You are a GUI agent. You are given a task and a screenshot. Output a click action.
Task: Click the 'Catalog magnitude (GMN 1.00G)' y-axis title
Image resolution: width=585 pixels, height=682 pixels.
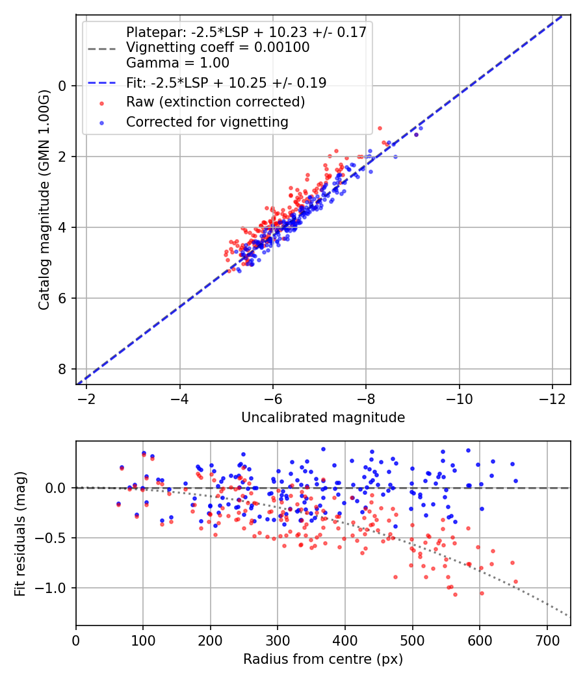(x=44, y=199)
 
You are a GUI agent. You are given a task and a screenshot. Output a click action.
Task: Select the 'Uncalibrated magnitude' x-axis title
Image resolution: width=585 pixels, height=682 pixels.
(x=323, y=418)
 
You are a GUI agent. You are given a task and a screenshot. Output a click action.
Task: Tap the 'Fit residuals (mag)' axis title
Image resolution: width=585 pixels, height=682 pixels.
(x=20, y=533)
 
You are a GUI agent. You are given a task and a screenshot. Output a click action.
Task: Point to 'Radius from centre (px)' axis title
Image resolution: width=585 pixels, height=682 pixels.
(x=323, y=659)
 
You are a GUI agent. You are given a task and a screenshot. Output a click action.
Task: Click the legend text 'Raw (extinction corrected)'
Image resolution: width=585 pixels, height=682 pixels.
(x=215, y=102)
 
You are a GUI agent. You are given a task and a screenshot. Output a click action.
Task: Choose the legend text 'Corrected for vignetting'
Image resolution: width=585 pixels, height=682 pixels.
(x=207, y=121)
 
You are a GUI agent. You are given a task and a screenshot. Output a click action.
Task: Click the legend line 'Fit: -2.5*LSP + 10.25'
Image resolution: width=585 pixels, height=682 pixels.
(x=101, y=83)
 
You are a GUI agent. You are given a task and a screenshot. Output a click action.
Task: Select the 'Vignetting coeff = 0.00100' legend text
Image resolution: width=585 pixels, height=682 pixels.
(x=218, y=47)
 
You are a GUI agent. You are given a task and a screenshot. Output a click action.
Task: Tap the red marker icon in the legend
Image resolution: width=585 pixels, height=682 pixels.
(x=101, y=103)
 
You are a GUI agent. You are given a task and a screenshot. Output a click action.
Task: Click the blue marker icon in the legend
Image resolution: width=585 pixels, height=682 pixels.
(x=101, y=122)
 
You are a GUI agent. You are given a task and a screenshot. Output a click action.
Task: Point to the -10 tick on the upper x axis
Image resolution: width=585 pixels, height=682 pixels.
(x=460, y=398)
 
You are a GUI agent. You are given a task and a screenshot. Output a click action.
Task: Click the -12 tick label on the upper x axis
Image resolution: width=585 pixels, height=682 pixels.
(x=552, y=398)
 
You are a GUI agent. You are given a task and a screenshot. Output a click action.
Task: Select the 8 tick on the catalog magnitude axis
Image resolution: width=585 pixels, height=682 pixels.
(x=63, y=369)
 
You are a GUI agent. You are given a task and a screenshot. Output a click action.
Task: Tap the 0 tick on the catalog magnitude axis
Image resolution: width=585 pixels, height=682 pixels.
(x=63, y=86)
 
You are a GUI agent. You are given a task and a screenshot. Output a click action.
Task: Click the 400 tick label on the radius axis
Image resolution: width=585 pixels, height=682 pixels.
(x=345, y=640)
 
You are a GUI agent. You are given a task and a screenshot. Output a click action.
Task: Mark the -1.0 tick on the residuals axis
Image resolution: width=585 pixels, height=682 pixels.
(x=55, y=588)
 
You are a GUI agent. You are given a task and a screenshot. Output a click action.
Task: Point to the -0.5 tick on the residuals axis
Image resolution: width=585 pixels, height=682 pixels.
(x=55, y=538)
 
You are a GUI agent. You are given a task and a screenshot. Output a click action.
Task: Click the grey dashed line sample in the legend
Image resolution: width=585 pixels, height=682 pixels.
(x=101, y=48)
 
